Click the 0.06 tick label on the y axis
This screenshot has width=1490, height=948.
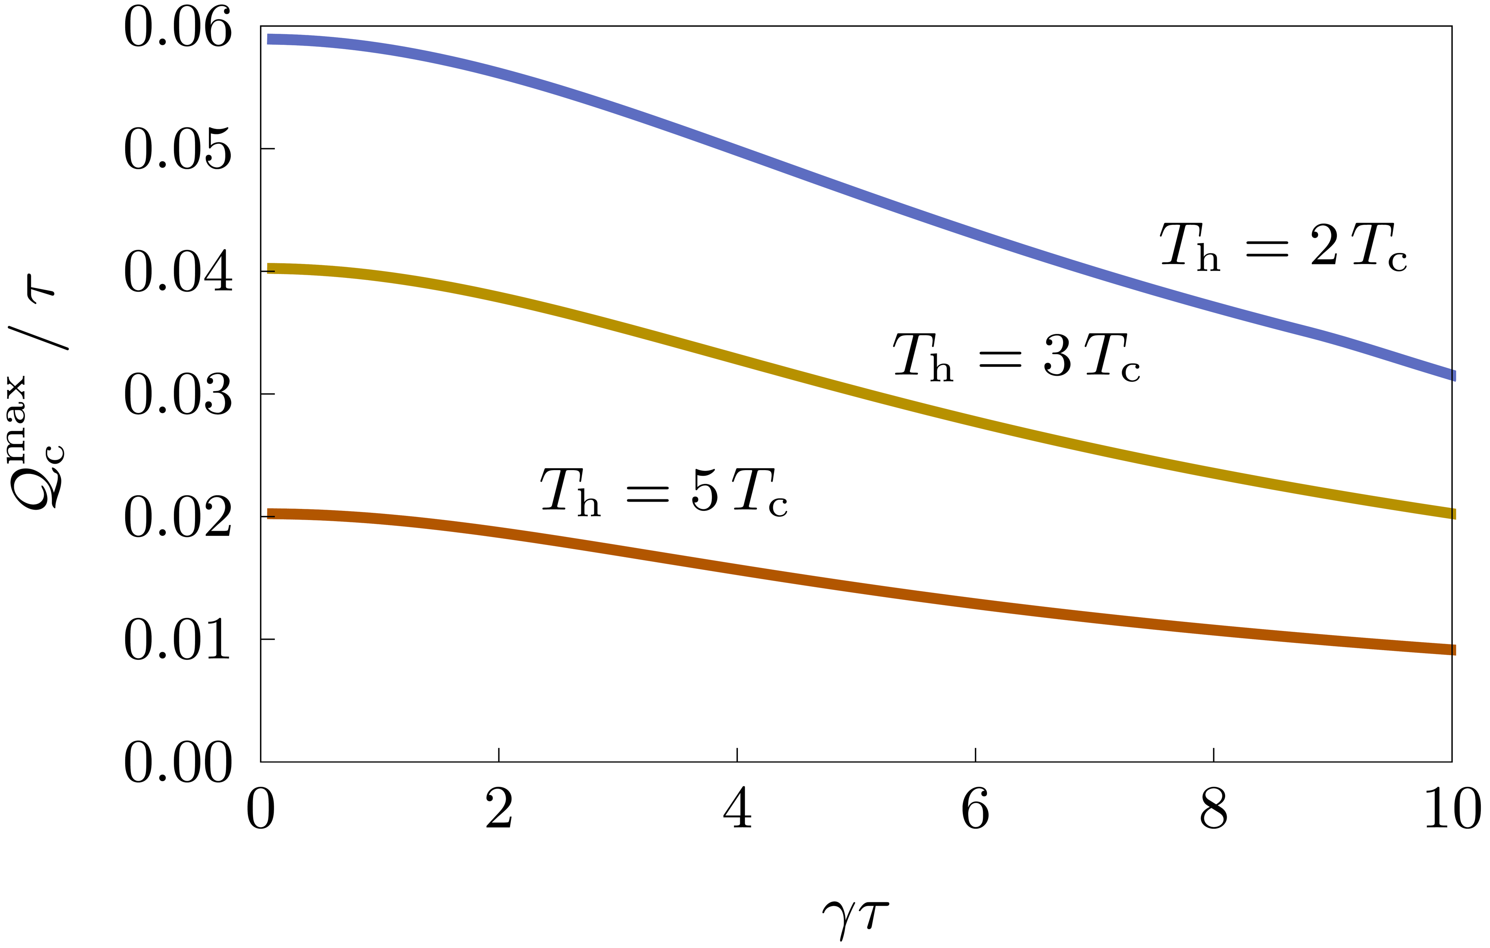pyautogui.click(x=178, y=28)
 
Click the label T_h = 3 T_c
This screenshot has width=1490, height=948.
pyautogui.click(x=1016, y=357)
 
